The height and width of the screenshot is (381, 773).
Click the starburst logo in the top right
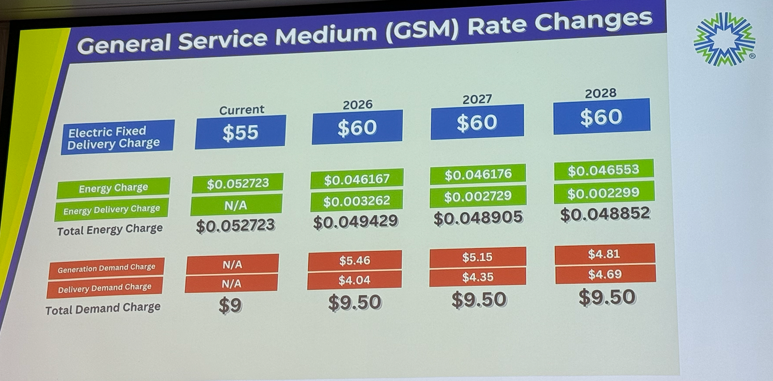[724, 39]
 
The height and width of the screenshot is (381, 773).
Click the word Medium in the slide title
[326, 34]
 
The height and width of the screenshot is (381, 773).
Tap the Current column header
[241, 110]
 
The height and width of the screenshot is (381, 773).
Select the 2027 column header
[477, 99]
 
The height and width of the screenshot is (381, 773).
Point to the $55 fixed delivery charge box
[240, 132]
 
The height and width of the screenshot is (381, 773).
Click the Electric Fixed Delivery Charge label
[117, 137]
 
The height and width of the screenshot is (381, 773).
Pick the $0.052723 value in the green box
[237, 183]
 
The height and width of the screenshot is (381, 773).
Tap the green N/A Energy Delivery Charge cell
[236, 205]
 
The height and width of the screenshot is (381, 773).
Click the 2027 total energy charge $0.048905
[478, 217]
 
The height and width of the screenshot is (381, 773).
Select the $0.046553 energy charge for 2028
[603, 170]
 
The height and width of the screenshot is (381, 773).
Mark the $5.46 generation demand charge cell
[354, 260]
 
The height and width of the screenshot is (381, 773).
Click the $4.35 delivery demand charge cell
[477, 277]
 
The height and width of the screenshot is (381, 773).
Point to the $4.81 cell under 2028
[604, 254]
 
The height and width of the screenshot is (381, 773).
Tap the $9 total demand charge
[230, 306]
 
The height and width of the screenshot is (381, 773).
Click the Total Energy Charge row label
[109, 230]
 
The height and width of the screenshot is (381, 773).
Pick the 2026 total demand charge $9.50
[354, 303]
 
